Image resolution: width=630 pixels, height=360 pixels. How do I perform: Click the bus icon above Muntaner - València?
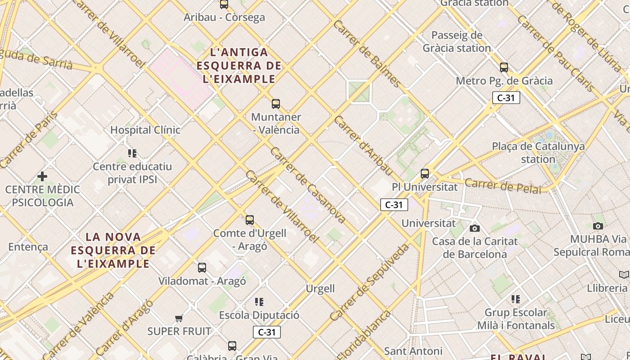[x=276, y=104]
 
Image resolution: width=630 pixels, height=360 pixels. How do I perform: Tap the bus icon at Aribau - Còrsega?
[x=224, y=4]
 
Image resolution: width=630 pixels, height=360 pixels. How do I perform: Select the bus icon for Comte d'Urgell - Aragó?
[x=250, y=220]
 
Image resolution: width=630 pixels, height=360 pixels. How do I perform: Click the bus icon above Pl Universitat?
[x=424, y=173]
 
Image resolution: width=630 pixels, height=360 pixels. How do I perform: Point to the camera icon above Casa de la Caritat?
[x=475, y=228]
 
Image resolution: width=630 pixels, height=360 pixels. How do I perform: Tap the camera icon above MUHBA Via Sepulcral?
[x=598, y=226]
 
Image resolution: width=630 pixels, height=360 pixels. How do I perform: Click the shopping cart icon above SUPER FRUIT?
[x=179, y=319]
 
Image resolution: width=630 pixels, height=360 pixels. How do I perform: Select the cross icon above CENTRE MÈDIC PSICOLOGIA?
[x=42, y=176]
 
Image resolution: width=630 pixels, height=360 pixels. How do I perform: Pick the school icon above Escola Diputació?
[x=259, y=301]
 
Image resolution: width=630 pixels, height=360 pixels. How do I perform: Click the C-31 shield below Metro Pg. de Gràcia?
[x=506, y=98]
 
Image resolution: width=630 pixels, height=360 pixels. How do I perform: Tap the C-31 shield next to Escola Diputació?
[x=266, y=332]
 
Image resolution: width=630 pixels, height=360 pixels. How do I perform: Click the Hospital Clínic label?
[x=145, y=130]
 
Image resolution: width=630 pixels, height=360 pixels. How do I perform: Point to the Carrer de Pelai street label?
[x=503, y=186]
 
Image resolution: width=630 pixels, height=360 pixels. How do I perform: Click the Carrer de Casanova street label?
[x=308, y=185]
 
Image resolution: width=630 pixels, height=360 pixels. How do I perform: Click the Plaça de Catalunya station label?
[x=538, y=153]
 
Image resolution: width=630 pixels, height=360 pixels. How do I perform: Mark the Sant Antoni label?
[x=413, y=351]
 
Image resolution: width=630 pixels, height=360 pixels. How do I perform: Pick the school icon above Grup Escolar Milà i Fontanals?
[x=516, y=299]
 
